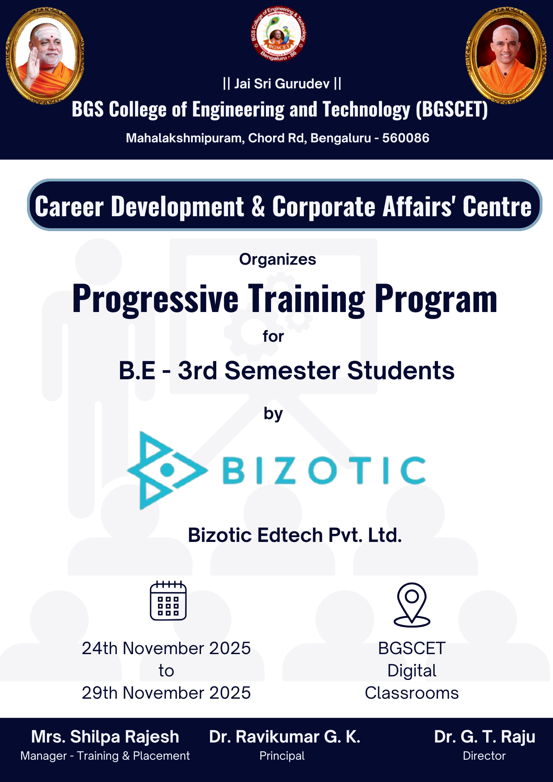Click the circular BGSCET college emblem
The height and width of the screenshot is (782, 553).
[278, 34]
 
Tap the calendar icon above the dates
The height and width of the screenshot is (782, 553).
[168, 601]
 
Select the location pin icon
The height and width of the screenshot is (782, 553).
[412, 604]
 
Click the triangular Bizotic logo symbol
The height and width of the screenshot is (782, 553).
[167, 470]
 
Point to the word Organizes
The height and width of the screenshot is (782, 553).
[278, 260]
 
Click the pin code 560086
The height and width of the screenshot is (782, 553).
[406, 138]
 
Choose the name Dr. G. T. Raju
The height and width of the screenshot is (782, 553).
[485, 737]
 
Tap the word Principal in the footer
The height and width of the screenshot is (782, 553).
[282, 756]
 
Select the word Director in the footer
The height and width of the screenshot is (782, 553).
[484, 756]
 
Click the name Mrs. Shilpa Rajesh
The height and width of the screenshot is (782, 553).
[105, 737]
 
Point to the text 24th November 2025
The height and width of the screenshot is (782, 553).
[166, 648]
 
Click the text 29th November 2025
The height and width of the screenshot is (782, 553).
[166, 693]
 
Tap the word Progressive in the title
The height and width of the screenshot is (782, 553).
[155, 299]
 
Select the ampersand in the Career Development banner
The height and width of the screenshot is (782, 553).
[258, 206]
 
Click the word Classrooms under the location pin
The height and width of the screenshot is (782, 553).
[412, 693]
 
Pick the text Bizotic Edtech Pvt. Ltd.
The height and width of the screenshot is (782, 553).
[295, 535]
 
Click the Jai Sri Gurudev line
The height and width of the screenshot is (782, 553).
[282, 84]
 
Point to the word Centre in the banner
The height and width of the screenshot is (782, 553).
[497, 206]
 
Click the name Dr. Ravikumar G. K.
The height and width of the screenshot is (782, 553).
[285, 737]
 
